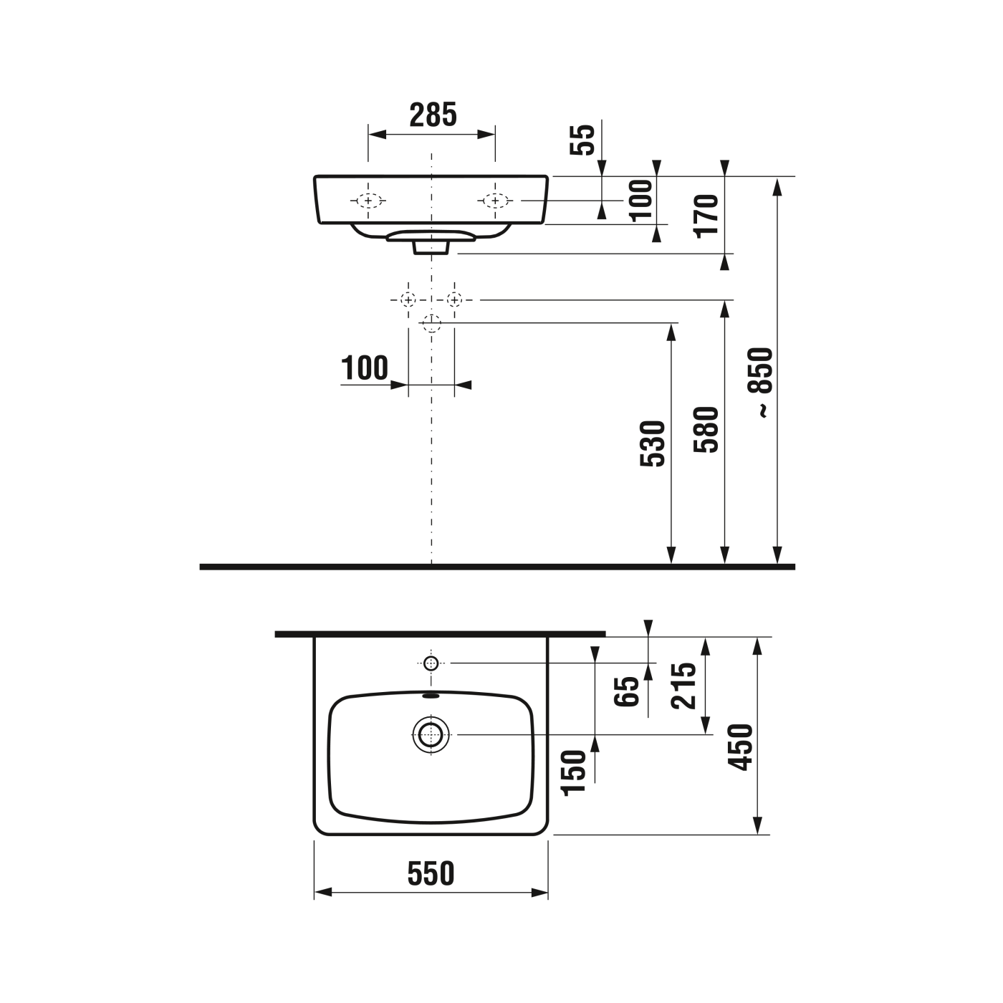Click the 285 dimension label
[433, 115]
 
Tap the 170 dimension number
[707, 214]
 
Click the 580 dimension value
[706, 430]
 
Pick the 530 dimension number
[653, 444]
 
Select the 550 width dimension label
[431, 873]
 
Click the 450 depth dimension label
[741, 747]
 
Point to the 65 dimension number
[628, 691]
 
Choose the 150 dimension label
[574, 772]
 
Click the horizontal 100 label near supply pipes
[365, 368]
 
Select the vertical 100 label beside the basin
[642, 200]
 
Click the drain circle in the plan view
[431, 734]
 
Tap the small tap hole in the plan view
[431, 663]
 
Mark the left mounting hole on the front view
[368, 201]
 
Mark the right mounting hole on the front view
[495, 201]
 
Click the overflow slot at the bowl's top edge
[431, 694]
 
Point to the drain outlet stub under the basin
[431, 247]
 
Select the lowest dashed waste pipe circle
[431, 323]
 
